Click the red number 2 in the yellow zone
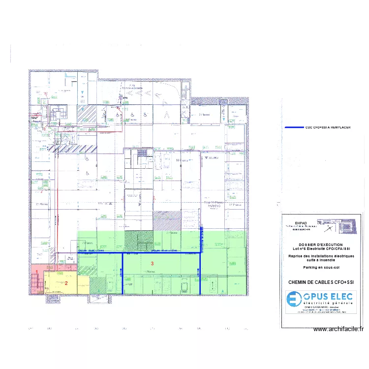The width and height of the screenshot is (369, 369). (66, 283)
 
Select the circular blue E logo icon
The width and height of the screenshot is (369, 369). (294, 299)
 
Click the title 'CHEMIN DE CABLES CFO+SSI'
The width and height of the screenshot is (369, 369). (321, 282)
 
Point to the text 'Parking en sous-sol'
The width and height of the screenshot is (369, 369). (321, 268)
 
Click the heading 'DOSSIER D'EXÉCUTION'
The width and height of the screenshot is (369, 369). (321, 245)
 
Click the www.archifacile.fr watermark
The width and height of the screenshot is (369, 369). (338, 330)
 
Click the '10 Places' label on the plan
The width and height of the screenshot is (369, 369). (184, 160)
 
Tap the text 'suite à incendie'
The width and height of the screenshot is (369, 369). (321, 260)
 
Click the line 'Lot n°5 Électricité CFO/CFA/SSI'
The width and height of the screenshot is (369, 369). (321, 249)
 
